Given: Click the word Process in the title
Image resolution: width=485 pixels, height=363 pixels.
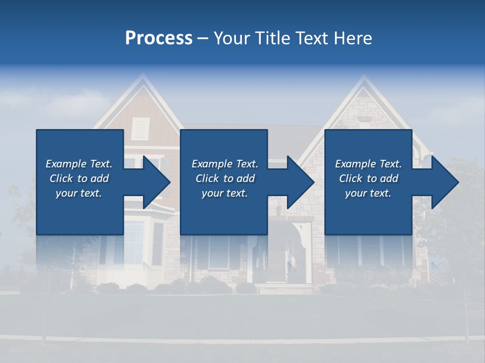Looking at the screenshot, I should (x=159, y=38).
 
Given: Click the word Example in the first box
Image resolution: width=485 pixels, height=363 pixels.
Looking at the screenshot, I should (x=66, y=164).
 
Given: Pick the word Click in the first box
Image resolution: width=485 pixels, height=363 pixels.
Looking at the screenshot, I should (x=61, y=178).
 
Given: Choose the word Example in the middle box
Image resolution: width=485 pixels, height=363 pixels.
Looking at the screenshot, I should (x=212, y=164).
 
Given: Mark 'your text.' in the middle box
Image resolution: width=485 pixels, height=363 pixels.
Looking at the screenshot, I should (x=224, y=193).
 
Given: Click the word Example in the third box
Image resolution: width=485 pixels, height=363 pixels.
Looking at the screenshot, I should (x=355, y=164).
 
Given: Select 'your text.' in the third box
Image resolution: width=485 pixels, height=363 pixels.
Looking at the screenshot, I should (x=368, y=193).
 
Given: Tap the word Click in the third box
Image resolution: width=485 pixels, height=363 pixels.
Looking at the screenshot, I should (x=351, y=178).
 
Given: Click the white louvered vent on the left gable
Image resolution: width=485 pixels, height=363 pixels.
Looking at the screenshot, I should (x=140, y=128).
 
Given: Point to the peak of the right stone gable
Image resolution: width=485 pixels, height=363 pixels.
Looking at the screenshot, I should (x=363, y=77).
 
